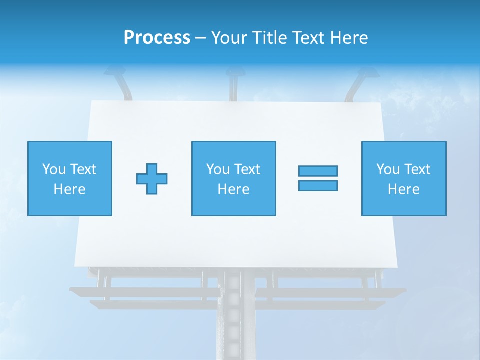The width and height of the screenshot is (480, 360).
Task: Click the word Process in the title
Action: [157, 38]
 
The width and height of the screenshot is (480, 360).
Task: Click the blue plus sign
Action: [152, 178]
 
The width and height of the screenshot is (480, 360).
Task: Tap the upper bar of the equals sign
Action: [318, 171]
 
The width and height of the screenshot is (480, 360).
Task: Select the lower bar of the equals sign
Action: [318, 185]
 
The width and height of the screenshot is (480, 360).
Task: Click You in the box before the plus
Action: [53, 169]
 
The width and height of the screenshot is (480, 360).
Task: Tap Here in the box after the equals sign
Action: [403, 189]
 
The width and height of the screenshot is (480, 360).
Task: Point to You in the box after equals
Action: [388, 169]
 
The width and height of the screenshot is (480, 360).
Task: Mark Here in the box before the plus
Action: [69, 189]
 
